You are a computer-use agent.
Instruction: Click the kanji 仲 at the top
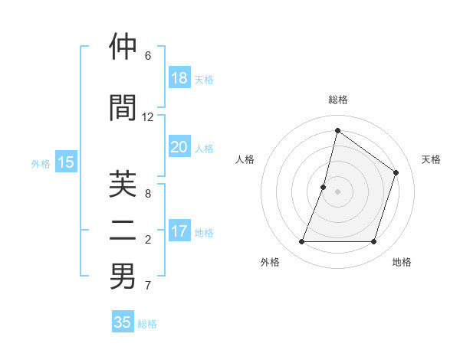123,47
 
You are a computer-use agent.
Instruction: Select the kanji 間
123,107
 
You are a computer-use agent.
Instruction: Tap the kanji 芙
123,184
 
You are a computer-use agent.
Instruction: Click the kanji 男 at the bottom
123,277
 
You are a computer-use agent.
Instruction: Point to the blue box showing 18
179,78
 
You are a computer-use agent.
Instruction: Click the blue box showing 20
179,147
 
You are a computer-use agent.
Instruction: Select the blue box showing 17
179,231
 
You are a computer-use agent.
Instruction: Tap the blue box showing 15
66,162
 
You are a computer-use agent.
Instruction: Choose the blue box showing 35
123,322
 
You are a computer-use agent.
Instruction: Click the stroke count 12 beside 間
148,117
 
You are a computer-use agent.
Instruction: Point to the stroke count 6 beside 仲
148,56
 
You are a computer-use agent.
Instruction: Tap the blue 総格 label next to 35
147,324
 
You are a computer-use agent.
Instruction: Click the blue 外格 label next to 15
41,163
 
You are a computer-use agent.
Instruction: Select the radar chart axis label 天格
431,159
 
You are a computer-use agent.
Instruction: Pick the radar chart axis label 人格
245,159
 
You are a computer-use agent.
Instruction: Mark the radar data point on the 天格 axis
396,172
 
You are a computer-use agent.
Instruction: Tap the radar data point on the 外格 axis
301,242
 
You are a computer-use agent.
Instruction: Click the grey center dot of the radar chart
337,191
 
